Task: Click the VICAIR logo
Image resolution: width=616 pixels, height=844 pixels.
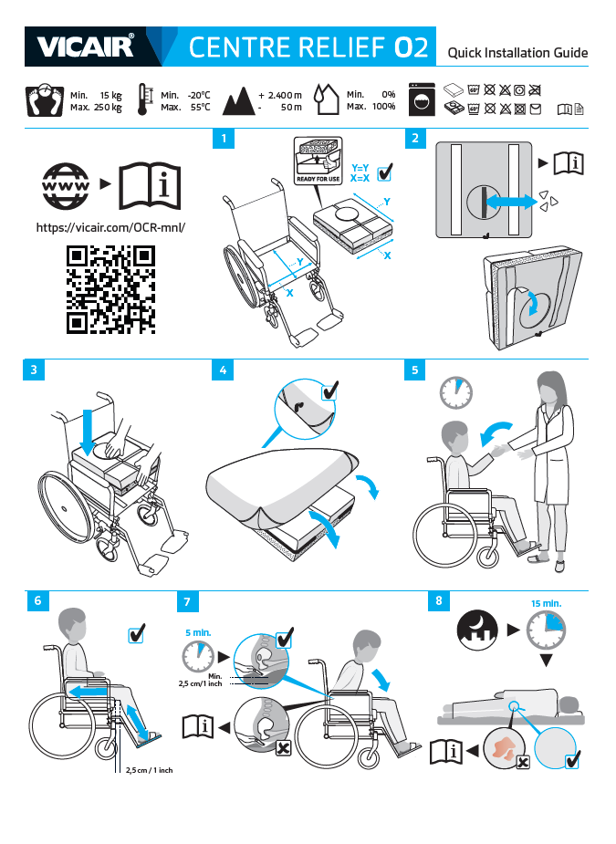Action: coord(85,47)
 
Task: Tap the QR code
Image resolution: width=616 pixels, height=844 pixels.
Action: coord(111,289)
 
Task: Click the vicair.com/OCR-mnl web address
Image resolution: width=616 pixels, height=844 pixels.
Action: coord(110,227)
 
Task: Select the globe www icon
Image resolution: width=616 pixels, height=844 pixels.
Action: coord(66,186)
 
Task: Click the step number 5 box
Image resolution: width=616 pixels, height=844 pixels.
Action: coord(414,370)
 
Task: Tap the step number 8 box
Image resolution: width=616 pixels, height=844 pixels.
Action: coord(439,600)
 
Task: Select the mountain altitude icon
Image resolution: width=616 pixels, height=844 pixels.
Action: coord(238,100)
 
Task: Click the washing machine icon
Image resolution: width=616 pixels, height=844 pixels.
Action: coord(422,99)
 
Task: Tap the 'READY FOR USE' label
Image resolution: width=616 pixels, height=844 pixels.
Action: coord(318,179)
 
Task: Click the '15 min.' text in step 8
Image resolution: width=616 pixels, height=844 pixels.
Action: coord(546,603)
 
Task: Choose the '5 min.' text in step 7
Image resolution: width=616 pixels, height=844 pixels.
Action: coord(198,633)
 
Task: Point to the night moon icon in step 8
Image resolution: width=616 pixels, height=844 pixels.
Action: coord(477,630)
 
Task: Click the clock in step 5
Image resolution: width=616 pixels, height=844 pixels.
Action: coord(456,393)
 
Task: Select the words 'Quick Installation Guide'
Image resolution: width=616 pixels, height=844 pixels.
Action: coord(517,53)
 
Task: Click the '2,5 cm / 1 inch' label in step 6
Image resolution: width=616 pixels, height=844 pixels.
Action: coord(149,770)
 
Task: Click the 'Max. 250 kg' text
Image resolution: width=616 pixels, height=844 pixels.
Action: coord(96,107)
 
